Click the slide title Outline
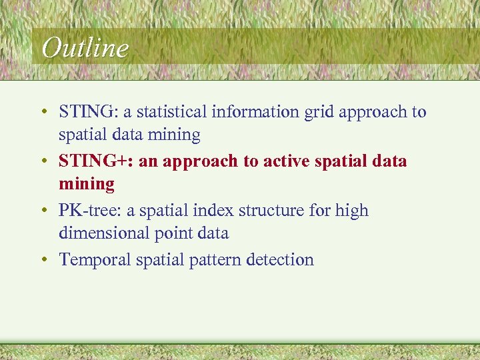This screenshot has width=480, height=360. point(85,48)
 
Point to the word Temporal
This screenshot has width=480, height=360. point(95,259)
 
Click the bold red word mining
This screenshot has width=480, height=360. point(87,183)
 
